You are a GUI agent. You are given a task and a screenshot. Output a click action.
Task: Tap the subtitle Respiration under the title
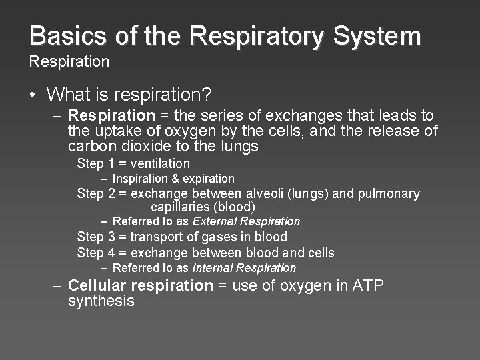69,62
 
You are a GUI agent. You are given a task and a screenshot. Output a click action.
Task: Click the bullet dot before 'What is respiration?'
33,95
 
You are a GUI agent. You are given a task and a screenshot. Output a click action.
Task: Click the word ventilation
161,163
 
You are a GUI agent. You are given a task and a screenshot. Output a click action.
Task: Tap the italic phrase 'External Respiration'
247,221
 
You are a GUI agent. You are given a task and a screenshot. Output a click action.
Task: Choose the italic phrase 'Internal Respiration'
244,268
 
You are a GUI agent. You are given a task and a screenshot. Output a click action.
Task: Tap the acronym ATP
368,285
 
